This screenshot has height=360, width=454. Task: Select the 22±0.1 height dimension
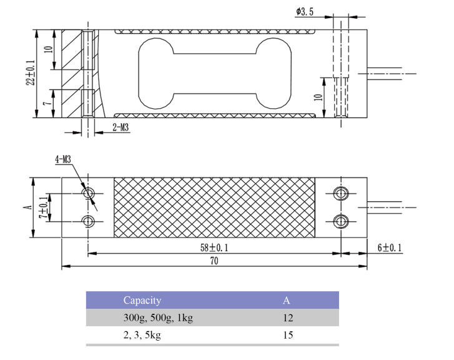tap(31, 73)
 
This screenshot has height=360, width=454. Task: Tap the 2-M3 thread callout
tap(121, 127)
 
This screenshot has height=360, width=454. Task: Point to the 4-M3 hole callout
tap(63, 160)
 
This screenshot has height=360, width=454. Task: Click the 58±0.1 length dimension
tap(212, 247)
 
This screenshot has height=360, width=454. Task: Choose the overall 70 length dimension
tap(214, 262)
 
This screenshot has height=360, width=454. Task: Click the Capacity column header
tap(142, 300)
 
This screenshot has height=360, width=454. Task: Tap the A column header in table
tap(286, 300)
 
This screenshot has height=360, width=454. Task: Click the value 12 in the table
tap(287, 317)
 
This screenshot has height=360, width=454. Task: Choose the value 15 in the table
tap(287, 335)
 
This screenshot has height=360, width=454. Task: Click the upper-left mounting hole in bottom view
tap(88, 192)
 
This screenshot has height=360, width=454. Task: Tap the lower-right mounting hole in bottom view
tap(340, 221)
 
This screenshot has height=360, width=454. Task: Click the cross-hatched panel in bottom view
tap(214, 207)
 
